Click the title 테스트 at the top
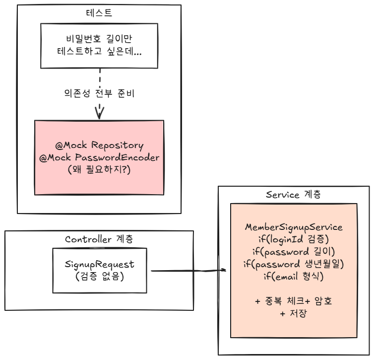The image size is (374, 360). (99, 12)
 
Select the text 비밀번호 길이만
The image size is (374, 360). (99, 39)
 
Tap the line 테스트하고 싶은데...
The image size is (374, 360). (99, 51)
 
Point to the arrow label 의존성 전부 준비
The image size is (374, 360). (99, 93)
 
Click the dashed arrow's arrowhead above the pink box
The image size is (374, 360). (100, 113)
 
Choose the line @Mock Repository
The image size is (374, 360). (99, 145)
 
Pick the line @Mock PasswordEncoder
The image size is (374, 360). (99, 157)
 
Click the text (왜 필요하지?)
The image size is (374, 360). (99, 169)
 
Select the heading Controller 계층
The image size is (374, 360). (99, 239)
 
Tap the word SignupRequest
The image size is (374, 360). (100, 265)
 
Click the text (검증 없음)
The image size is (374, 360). (100, 277)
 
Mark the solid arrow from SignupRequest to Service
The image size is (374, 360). (188, 271)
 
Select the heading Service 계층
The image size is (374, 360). (293, 194)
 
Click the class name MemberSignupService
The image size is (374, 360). (294, 227)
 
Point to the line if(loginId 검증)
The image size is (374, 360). (294, 239)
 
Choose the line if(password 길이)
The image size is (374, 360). (294, 252)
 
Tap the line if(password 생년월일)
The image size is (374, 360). (294, 264)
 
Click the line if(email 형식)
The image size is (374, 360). (294, 277)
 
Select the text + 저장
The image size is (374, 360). (294, 313)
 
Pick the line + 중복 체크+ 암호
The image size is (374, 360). (294, 301)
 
